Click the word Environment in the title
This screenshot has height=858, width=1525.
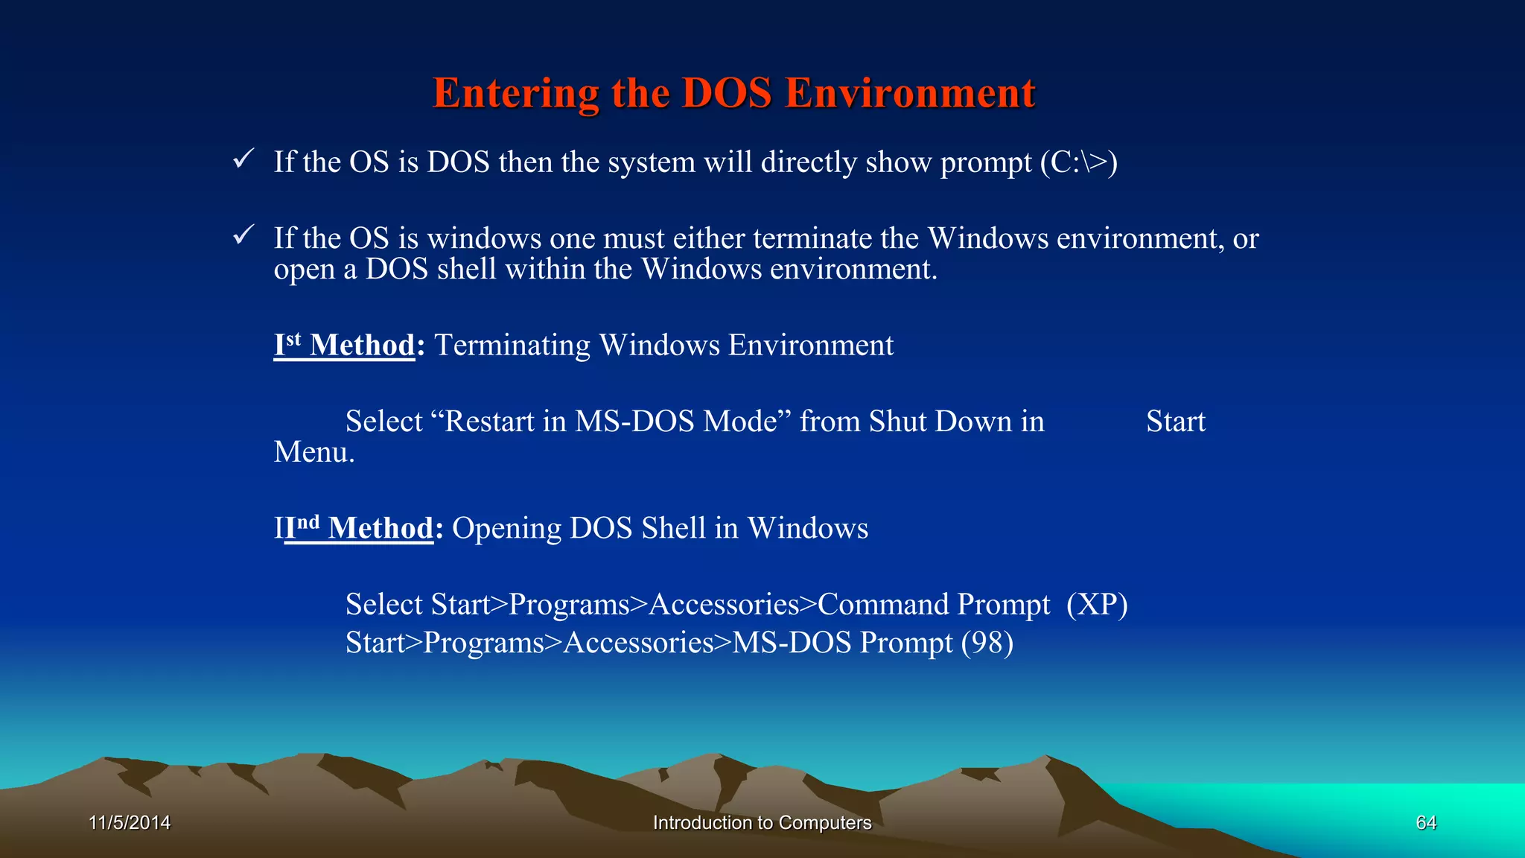(910, 94)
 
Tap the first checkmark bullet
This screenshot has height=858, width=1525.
(243, 159)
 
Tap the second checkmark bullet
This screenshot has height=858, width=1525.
(243, 235)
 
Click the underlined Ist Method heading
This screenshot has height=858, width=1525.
(344, 346)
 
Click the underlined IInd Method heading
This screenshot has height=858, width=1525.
(354, 529)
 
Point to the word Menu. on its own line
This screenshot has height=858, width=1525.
(314, 453)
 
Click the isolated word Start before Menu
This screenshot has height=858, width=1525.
(1175, 422)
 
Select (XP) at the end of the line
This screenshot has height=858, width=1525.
(1097, 605)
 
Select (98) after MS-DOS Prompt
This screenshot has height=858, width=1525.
(987, 643)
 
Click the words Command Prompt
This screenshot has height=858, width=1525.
(934, 605)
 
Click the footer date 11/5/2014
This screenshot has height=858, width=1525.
(130, 822)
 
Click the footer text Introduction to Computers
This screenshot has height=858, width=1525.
(762, 822)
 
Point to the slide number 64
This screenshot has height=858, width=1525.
(1425, 822)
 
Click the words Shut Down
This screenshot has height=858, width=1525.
(940, 422)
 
